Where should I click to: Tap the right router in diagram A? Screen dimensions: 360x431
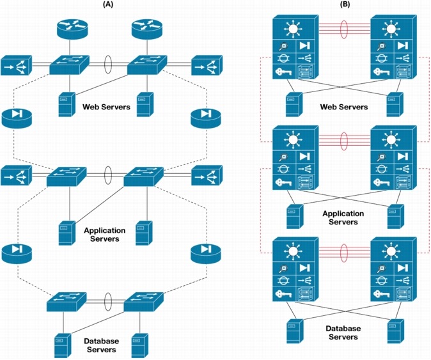145,29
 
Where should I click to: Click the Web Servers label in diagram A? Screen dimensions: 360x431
106,106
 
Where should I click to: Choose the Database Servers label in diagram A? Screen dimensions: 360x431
102,345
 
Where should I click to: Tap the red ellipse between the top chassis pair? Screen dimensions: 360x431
345,30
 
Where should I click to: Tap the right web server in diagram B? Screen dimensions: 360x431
395,104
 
